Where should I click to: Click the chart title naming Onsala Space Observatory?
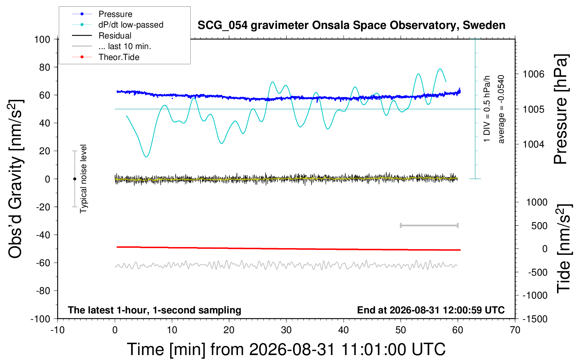[x=351, y=25]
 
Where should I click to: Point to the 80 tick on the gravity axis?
[x=44, y=67]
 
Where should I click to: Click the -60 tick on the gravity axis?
[x=43, y=263]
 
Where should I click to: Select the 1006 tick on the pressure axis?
[x=533, y=74]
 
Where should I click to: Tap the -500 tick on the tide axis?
[x=538, y=272]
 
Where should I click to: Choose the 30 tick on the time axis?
[x=286, y=330]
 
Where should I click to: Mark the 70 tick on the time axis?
[x=515, y=330]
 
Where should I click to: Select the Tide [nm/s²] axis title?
[x=564, y=248]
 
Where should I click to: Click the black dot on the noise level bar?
[x=74, y=179]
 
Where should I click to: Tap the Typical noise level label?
[x=83, y=179]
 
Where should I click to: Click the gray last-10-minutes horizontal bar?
[x=429, y=225]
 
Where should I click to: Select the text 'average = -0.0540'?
[x=501, y=109]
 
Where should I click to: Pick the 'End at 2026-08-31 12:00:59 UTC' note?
[x=431, y=310]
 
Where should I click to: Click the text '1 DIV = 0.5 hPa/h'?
[x=487, y=109]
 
